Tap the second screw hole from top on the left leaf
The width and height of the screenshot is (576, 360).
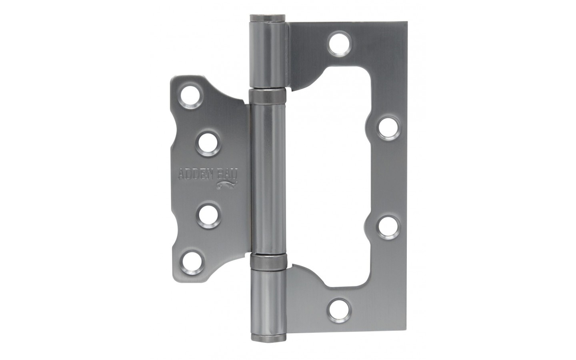208,144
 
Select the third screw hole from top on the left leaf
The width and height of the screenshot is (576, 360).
208,216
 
